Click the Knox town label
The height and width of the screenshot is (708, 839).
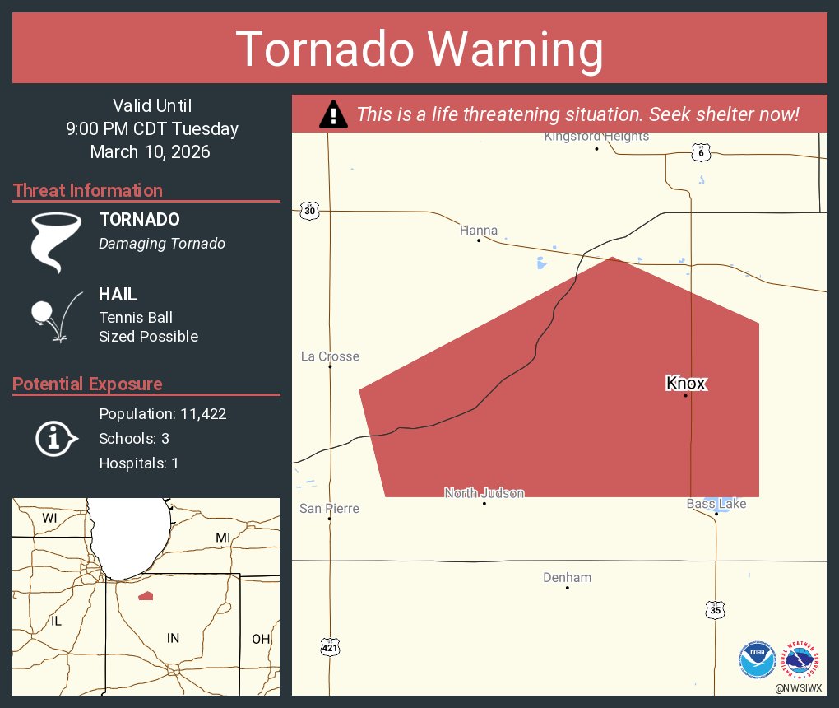click(x=685, y=383)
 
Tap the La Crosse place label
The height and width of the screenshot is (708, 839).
click(x=330, y=356)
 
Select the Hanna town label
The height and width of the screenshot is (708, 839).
click(x=479, y=231)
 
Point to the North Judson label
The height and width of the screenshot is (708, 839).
click(x=484, y=493)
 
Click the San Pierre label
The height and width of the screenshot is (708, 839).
click(x=329, y=509)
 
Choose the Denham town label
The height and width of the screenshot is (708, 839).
click(x=567, y=578)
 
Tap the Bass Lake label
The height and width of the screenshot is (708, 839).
click(x=716, y=503)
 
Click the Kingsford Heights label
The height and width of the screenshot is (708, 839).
click(x=596, y=137)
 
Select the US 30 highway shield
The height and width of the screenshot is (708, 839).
click(x=309, y=211)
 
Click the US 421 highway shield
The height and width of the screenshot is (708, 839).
click(x=329, y=649)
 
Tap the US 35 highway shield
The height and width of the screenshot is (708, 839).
click(x=716, y=610)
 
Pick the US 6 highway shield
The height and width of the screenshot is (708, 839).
click(x=698, y=152)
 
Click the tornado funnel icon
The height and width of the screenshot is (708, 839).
click(x=56, y=242)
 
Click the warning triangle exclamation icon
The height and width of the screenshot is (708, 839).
click(x=333, y=114)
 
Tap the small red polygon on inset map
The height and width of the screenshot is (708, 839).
click(x=146, y=595)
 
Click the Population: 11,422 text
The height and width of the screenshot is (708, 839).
click(x=162, y=414)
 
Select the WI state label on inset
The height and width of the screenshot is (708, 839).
click(x=49, y=518)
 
